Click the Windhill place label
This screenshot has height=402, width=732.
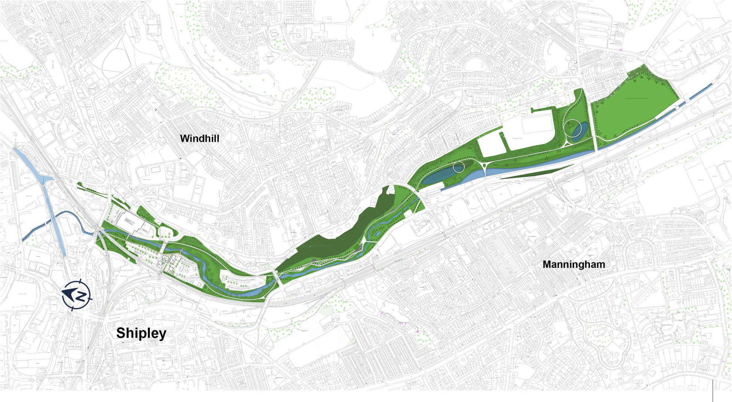pos(199,139)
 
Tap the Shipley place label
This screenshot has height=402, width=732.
pos(141,333)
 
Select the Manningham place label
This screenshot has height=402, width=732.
pos(574,265)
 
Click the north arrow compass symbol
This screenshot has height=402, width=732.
pos(77,294)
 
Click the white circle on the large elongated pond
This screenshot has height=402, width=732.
pos(458,167)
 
